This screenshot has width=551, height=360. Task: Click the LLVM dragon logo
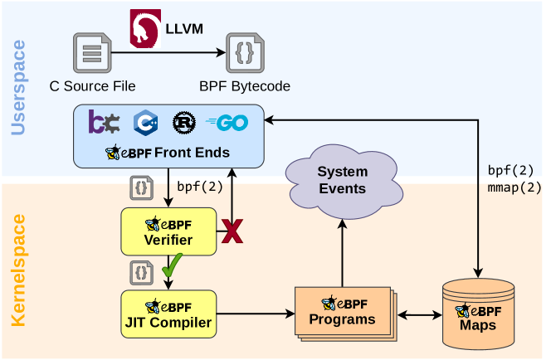click(146, 28)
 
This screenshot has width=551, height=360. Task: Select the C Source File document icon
click(91, 53)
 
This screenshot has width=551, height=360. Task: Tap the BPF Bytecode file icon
click(245, 53)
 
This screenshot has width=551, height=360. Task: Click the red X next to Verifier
click(232, 231)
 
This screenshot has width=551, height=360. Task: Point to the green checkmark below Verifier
click(172, 267)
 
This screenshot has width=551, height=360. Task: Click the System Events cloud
click(341, 179)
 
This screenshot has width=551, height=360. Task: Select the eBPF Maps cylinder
click(478, 314)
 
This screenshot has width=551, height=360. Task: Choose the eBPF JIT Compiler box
click(168, 314)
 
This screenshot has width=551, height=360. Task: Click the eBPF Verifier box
click(168, 231)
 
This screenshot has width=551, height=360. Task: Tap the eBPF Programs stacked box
click(344, 313)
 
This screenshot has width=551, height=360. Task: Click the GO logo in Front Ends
click(227, 122)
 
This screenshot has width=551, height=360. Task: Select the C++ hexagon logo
click(145, 122)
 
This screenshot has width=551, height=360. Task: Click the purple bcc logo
click(105, 122)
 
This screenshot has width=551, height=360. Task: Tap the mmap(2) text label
click(514, 187)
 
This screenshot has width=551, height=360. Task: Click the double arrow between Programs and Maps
click(419, 315)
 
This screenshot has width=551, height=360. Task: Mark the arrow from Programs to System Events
click(342, 253)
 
